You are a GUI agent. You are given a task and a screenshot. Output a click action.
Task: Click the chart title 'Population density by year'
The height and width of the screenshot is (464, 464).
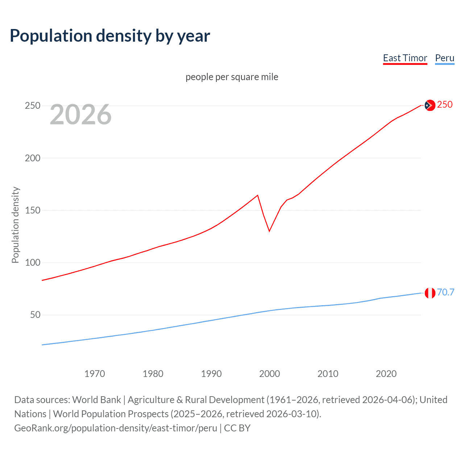coord(110,36)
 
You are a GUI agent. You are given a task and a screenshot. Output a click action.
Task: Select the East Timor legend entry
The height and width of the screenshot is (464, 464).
coord(405,58)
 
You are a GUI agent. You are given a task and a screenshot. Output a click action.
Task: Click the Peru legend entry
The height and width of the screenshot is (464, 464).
coord(444,58)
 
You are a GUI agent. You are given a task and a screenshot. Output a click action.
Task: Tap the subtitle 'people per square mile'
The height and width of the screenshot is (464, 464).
coord(232,77)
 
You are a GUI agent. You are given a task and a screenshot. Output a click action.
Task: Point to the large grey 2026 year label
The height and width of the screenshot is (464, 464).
coord(80,115)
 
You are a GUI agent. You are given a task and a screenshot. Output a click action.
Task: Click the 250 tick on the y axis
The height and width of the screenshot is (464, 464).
coord(33,106)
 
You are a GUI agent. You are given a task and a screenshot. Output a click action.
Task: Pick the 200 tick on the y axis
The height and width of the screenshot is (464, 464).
coord(33,158)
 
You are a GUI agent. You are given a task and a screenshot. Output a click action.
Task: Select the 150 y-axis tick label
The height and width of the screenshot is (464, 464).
coord(33,210)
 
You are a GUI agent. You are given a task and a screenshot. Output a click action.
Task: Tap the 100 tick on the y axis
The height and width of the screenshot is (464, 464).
coord(33,262)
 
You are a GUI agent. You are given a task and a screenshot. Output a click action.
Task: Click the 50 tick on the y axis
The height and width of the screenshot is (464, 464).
coord(35,315)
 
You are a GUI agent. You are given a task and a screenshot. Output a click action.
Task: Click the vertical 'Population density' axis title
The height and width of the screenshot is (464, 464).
coord(15,225)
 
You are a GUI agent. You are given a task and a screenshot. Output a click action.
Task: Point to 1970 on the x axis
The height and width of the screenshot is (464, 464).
coord(95,374)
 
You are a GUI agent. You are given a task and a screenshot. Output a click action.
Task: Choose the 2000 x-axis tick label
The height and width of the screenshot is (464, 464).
coord(269,374)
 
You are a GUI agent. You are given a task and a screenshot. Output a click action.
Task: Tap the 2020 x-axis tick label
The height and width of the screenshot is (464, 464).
coord(386,374)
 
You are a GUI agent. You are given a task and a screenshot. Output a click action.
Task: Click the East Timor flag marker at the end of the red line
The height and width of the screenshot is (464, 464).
coord(430,105)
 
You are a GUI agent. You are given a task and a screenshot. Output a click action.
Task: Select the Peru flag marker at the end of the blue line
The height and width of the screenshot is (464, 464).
coord(430,293)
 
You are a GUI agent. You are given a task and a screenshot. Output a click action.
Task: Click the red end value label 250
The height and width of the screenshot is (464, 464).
coord(445,104)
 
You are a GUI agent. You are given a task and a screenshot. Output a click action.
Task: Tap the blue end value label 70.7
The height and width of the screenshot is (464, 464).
coord(446,292)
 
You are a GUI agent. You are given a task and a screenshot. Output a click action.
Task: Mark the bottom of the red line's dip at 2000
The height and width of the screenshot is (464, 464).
coord(269,231)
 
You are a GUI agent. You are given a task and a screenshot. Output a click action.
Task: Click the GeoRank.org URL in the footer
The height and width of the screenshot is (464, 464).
coord(116,428)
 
